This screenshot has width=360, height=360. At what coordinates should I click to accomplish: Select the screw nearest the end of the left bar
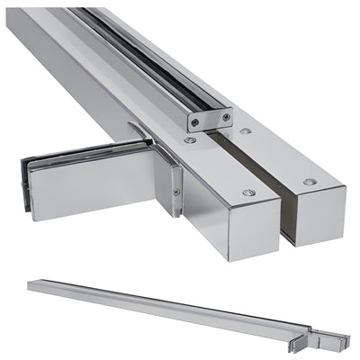249,193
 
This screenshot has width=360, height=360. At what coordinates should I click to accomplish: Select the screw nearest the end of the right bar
310,181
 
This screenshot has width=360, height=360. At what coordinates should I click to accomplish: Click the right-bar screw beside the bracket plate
245,131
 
